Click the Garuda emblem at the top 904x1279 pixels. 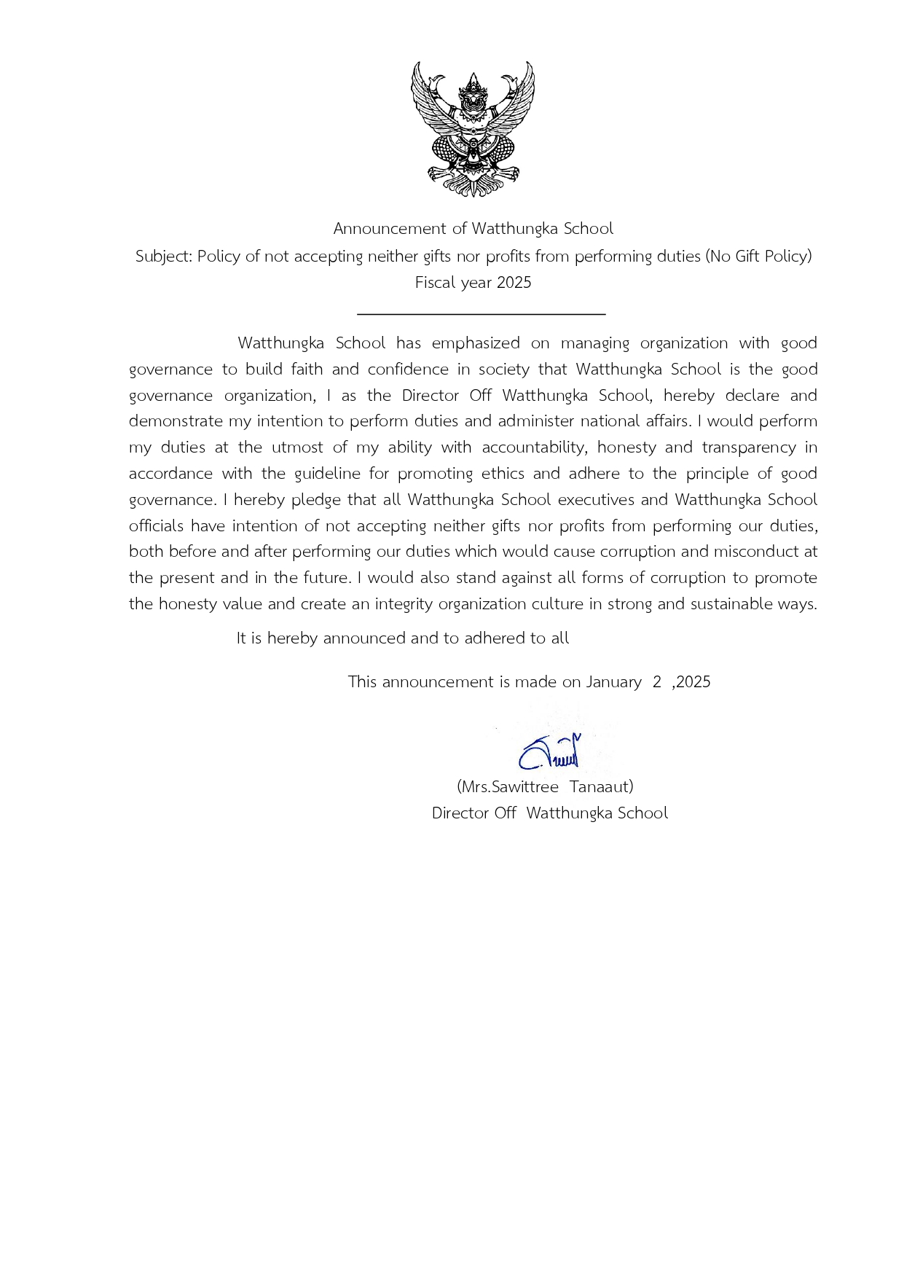[473, 129]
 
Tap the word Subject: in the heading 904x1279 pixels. [164, 257]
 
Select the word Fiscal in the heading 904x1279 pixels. [434, 283]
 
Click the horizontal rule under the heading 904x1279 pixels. [481, 314]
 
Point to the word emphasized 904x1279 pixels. [476, 343]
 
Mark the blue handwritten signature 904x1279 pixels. [550, 753]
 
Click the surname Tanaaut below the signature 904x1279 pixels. [601, 787]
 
